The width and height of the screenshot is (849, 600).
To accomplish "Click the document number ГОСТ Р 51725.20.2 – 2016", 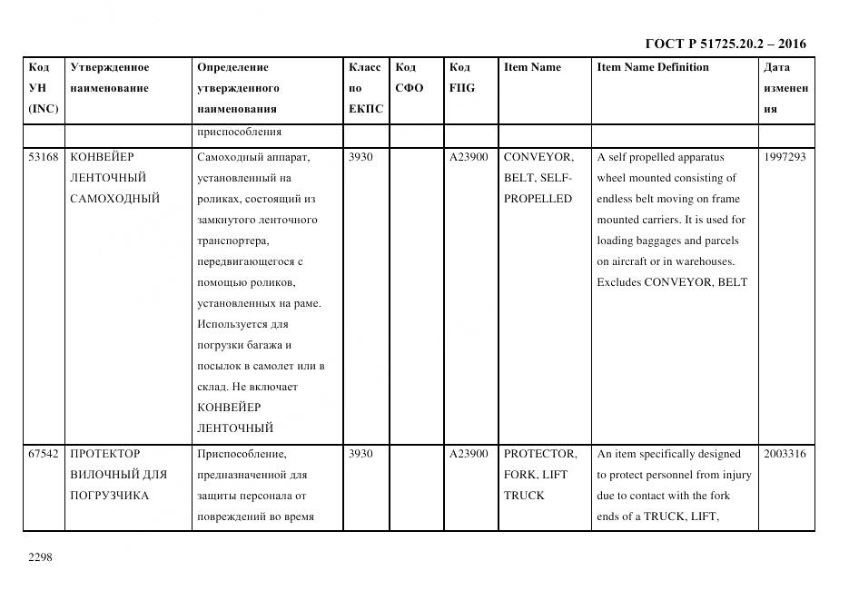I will point(726,44).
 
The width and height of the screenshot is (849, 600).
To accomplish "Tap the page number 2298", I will point(42,556).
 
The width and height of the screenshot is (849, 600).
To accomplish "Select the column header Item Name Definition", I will point(653,67).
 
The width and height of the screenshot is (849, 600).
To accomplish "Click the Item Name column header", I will point(532,67).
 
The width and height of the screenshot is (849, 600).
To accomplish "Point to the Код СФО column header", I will point(409,78).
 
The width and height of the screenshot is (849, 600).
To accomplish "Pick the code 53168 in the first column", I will point(44,157).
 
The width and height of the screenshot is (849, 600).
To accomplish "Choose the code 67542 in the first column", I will point(44,454).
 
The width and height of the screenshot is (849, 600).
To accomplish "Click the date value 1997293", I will point(785,157).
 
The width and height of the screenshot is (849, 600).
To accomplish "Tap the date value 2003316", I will point(785,454).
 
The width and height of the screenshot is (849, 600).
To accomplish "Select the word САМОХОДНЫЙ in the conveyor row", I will point(114,199).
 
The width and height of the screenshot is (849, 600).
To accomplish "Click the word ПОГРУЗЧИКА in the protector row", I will point(109,496).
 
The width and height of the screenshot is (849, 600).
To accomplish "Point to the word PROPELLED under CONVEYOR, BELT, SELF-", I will point(538,199).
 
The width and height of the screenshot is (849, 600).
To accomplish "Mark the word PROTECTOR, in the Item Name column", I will point(540,454).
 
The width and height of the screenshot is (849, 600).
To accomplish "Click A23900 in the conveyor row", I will point(469,157).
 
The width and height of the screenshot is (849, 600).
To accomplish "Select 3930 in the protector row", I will point(360,454).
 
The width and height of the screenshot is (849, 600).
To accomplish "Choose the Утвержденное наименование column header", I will point(110,78).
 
